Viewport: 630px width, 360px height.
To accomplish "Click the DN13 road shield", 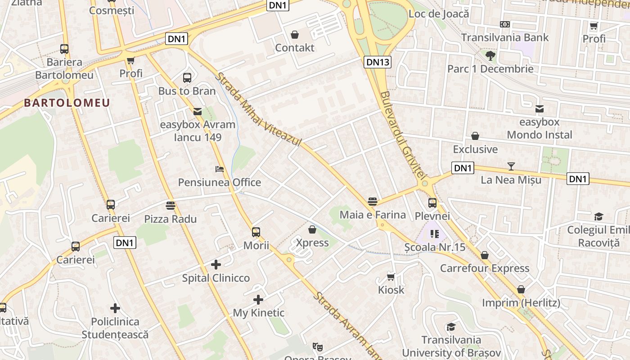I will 377,62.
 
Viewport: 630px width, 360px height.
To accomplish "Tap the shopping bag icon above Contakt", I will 295,34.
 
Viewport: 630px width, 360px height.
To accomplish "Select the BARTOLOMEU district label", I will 67,103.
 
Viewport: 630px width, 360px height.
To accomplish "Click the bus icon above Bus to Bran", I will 187,77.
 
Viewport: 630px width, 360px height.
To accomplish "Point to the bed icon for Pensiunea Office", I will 219,169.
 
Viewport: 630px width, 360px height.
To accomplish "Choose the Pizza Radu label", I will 170,219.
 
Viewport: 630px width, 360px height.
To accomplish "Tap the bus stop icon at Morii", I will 256,232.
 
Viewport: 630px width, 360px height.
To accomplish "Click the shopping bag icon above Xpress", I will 312,229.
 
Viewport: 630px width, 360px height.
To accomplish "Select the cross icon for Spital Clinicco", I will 216,265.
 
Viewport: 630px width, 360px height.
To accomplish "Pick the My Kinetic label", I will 258,313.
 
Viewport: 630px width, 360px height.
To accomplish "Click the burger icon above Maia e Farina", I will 372,201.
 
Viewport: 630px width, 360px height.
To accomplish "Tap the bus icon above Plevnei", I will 432,203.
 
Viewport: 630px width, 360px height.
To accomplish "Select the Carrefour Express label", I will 484,269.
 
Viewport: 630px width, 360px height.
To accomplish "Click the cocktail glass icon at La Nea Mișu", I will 511,166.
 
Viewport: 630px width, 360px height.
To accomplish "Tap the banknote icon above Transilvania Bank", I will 505,24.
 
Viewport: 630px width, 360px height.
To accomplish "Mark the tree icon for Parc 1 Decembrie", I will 490,55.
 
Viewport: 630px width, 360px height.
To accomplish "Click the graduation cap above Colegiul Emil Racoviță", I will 598,216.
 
